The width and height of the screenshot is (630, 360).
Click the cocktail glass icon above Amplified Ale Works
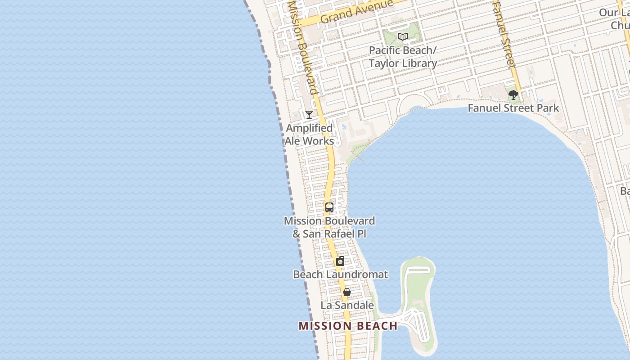[x=309, y=115]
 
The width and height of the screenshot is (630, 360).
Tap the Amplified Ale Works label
[x=310, y=135]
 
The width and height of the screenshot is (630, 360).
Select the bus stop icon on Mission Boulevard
[x=329, y=207]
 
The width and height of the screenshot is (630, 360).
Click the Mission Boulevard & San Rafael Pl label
[x=329, y=227]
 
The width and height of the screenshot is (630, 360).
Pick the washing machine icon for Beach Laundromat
[x=341, y=261]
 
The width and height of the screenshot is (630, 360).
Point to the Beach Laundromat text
[x=341, y=274]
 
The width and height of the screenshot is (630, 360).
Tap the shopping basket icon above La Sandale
[x=347, y=292]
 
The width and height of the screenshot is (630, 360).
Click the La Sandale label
[x=347, y=305]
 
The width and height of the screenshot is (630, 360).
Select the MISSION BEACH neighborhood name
[x=348, y=326]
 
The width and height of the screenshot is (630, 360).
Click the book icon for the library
[x=403, y=37]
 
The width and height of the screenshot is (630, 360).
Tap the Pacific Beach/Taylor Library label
[x=403, y=57]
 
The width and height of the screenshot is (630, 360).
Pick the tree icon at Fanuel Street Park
[x=513, y=95]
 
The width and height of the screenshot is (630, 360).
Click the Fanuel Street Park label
[x=513, y=108]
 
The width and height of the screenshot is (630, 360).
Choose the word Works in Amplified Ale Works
[x=319, y=141]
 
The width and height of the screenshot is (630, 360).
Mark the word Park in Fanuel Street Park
[x=549, y=108]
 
